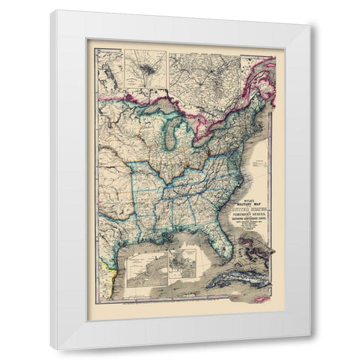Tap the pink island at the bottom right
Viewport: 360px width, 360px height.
tap(259, 298)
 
